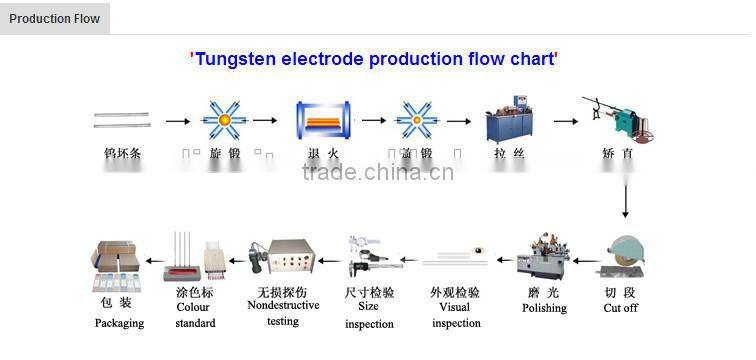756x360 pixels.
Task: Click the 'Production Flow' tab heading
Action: point(54,19)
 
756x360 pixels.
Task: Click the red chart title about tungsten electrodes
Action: point(374,59)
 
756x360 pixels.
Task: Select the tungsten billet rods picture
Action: point(122,120)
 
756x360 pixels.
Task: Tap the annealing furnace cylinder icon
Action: point(323,121)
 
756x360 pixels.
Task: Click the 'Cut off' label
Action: point(620,308)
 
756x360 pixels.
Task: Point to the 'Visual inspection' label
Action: point(455,315)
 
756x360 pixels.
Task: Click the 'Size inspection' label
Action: point(369,316)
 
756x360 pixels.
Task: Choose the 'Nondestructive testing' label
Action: point(283,313)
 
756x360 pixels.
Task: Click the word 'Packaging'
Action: point(119,323)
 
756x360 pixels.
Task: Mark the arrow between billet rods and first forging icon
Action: point(177,121)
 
